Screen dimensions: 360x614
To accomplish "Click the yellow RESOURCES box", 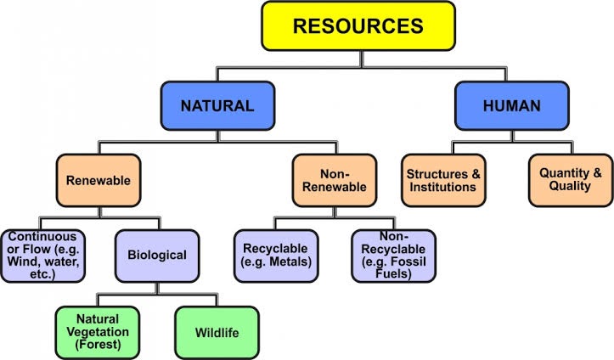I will [x=358, y=25].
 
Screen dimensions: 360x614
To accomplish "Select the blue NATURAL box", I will [x=217, y=107].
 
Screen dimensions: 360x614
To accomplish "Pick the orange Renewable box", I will [x=99, y=181].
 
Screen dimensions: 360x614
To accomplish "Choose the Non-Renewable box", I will [x=335, y=180].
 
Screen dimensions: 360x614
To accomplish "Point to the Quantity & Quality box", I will [x=571, y=180].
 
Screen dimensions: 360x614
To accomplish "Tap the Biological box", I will [x=157, y=254].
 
